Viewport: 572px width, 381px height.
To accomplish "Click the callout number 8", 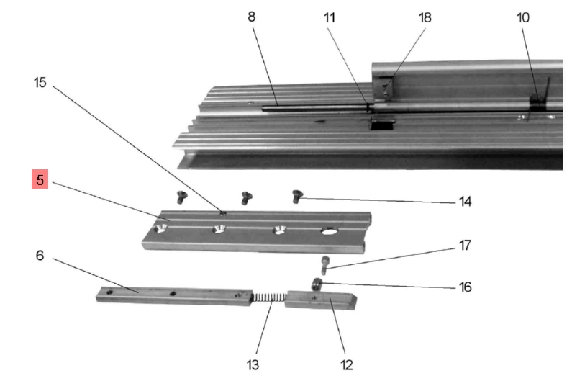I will click(251, 16).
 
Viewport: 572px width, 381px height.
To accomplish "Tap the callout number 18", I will click(425, 16).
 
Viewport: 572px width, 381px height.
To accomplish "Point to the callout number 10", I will click(523, 16).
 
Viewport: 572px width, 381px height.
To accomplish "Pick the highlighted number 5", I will click(40, 179).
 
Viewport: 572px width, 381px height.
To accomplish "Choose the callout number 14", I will click(465, 201).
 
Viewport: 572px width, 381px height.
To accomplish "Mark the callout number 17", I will click(464, 246).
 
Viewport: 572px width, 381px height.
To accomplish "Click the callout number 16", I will click(464, 287).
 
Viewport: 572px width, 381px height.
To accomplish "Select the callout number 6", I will click(40, 255).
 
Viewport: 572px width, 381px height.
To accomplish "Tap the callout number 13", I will click(253, 364).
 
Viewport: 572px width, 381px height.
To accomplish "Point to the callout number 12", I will click(346, 364).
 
